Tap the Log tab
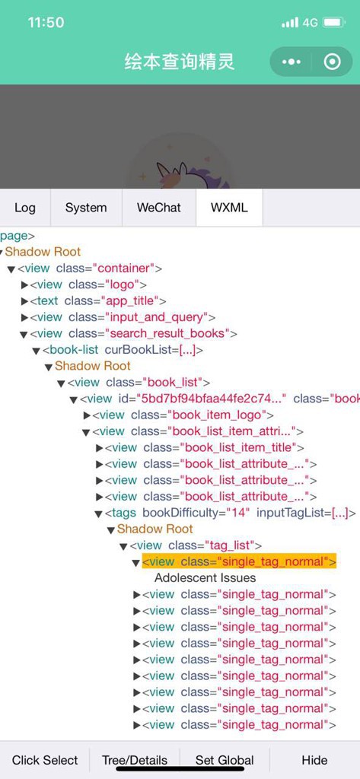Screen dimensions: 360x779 click(25, 208)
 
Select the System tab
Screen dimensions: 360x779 click(86, 208)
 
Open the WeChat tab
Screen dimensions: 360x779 click(159, 208)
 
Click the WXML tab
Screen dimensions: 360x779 click(229, 208)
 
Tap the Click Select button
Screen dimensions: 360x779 click(45, 760)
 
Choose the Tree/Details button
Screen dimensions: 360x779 click(135, 760)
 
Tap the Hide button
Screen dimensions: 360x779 click(315, 760)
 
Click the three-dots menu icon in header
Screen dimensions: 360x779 click(291, 62)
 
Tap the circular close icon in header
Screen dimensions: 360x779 click(332, 62)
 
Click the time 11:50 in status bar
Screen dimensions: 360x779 click(46, 22)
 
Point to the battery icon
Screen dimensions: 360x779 click(333, 22)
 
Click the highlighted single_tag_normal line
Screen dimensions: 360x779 click(239, 561)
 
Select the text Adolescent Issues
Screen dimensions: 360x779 click(205, 578)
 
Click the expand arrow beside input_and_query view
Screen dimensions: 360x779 click(24, 317)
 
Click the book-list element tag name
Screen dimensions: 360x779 click(73, 350)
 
